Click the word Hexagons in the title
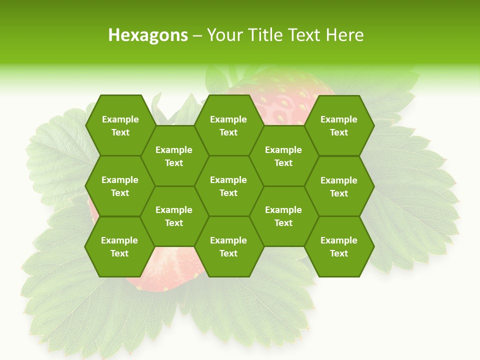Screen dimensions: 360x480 [148, 35]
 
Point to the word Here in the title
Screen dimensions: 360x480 [344, 35]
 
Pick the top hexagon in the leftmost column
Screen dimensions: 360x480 [120, 125]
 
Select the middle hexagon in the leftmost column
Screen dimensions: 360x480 [120, 186]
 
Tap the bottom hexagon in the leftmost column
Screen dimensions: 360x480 [119, 246]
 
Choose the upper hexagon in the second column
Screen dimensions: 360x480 [174, 156]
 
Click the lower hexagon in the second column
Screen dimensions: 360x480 [174, 216]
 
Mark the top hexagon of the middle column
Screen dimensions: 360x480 [228, 125]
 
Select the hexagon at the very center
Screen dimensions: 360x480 [228, 186]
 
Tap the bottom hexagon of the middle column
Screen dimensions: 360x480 [228, 246]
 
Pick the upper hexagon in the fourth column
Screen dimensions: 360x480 [283, 156]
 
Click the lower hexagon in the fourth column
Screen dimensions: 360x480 [283, 216]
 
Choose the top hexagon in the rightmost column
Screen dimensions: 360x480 [339, 125]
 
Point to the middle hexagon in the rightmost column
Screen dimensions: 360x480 [339, 186]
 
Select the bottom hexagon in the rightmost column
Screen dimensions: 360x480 [339, 246]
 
